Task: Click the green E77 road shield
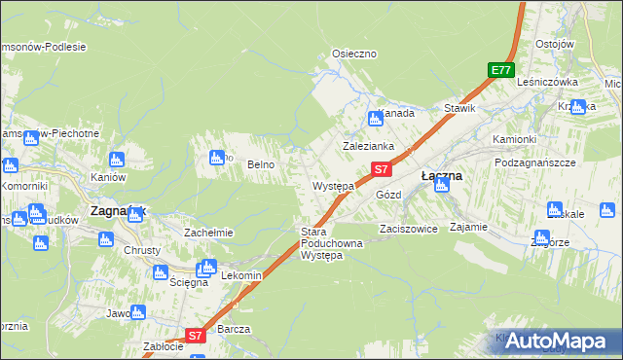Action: (500, 70)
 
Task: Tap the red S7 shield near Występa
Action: (382, 169)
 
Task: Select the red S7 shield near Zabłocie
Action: (195, 336)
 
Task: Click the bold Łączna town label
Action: (441, 176)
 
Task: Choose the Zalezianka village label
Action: (367, 146)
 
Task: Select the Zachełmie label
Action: (207, 234)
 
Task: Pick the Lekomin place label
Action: (242, 276)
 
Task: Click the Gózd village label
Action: (388, 195)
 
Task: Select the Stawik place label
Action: (459, 108)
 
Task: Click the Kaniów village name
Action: (109, 178)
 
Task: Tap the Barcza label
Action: (235, 329)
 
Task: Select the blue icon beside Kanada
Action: (376, 120)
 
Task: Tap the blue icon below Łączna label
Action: (442, 185)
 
